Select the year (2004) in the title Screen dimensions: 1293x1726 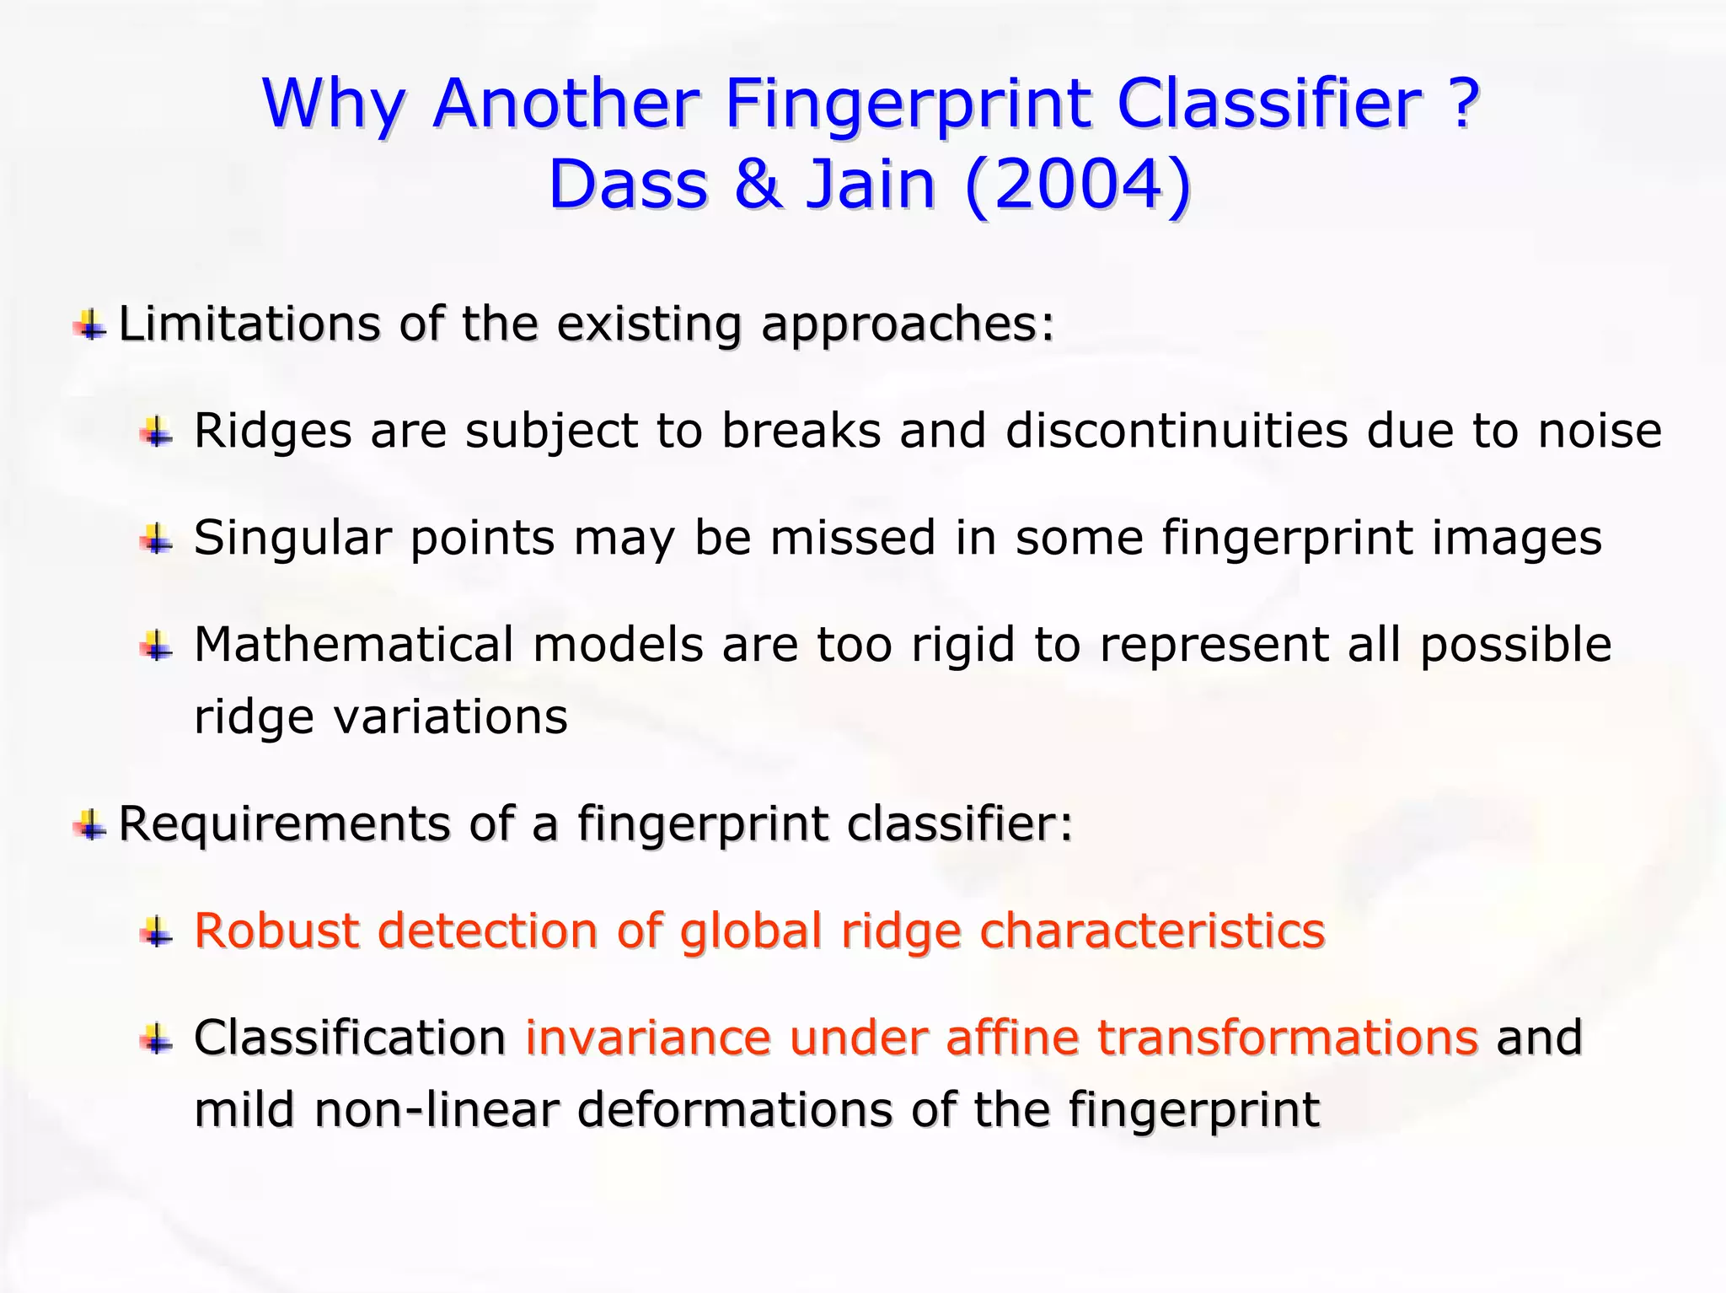pyautogui.click(x=1078, y=185)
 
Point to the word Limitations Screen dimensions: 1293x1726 pyautogui.click(x=249, y=324)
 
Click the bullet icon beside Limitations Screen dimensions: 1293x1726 pyautogui.click(x=89, y=325)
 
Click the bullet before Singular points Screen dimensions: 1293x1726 pyautogui.click(x=157, y=539)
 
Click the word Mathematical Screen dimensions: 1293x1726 pyautogui.click(x=354, y=645)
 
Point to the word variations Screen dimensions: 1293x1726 pyautogui.click(x=451, y=717)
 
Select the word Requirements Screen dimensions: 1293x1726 pyautogui.click(x=284, y=824)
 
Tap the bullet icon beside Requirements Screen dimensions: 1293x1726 pyautogui.click(x=89, y=825)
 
